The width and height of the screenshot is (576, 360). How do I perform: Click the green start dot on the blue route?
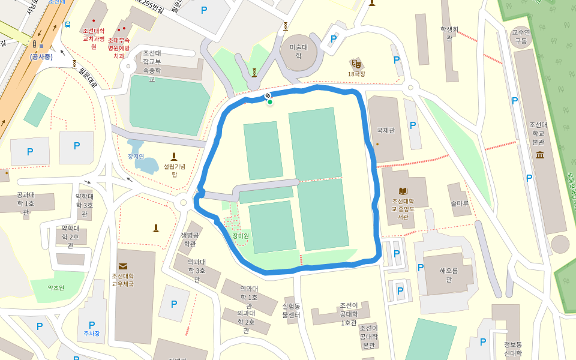coord(270,102)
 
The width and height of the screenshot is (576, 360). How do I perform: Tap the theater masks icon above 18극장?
coord(356,63)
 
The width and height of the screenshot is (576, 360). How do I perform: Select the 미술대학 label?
coord(298,51)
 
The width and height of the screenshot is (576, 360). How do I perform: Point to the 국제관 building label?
coord(386,130)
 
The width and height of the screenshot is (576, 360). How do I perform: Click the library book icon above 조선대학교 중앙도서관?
coord(403,191)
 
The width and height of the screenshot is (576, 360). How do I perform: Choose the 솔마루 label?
coord(460,203)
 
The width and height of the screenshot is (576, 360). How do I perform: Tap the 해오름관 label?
coord(448,275)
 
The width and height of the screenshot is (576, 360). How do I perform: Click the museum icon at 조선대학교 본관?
coord(539,155)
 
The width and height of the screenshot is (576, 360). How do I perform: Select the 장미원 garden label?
coord(241,235)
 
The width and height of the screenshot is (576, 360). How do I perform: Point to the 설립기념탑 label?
coord(175,170)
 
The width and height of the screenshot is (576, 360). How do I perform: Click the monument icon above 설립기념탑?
coord(175,156)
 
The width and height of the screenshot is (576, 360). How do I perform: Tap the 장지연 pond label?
coord(136,156)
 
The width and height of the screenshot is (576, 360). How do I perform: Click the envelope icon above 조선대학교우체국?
coord(123,266)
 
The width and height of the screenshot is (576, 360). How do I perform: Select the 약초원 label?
coord(56,288)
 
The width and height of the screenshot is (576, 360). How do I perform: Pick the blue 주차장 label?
coord(92,333)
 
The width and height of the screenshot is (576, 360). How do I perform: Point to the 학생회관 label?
coord(449,33)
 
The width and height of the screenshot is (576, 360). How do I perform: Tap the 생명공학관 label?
coord(190,239)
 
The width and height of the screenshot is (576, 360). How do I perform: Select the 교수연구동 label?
coord(520,37)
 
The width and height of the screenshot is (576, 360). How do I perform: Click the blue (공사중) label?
coord(41,56)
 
